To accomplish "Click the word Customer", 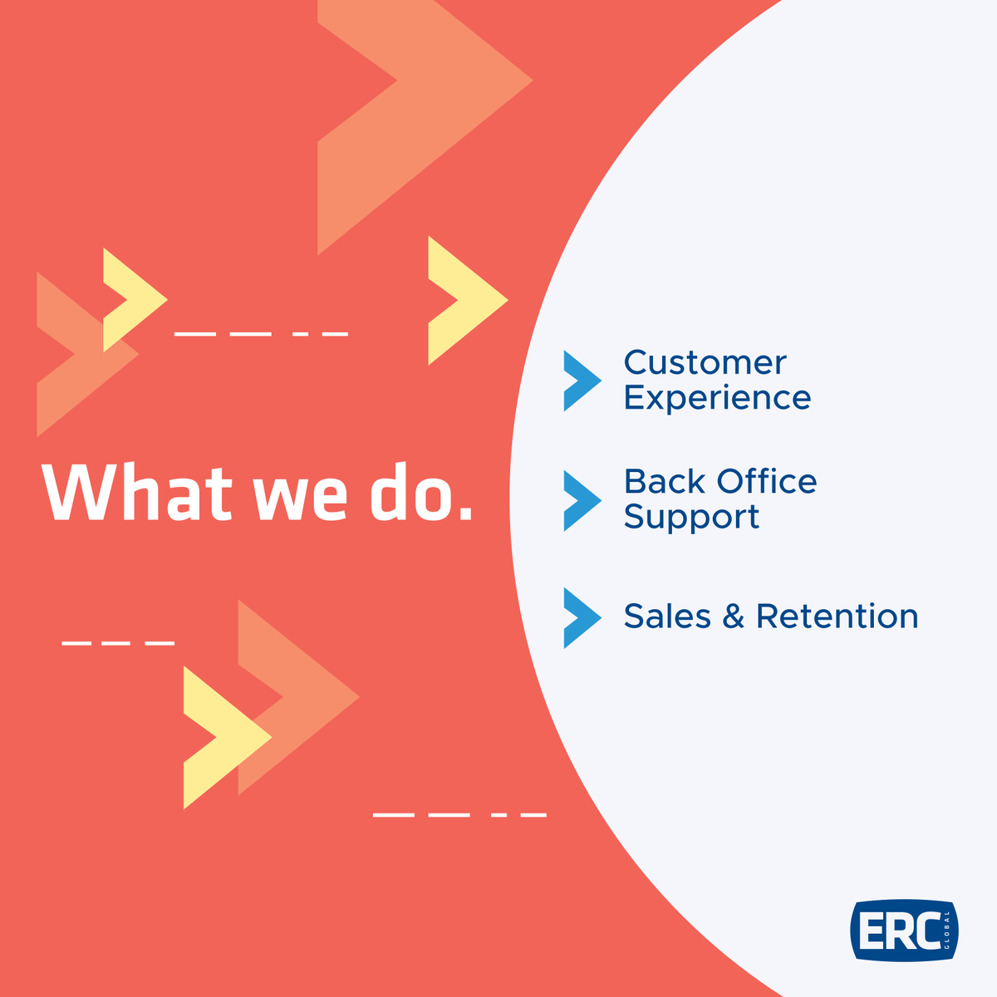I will point(705,363).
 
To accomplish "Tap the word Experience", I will point(717,398).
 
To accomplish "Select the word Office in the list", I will point(767,481).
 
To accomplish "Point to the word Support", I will point(691,517).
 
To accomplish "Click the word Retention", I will point(837,616).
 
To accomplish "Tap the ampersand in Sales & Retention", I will point(733,616).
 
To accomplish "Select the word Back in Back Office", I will point(664,481).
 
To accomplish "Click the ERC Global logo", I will point(904,931).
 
